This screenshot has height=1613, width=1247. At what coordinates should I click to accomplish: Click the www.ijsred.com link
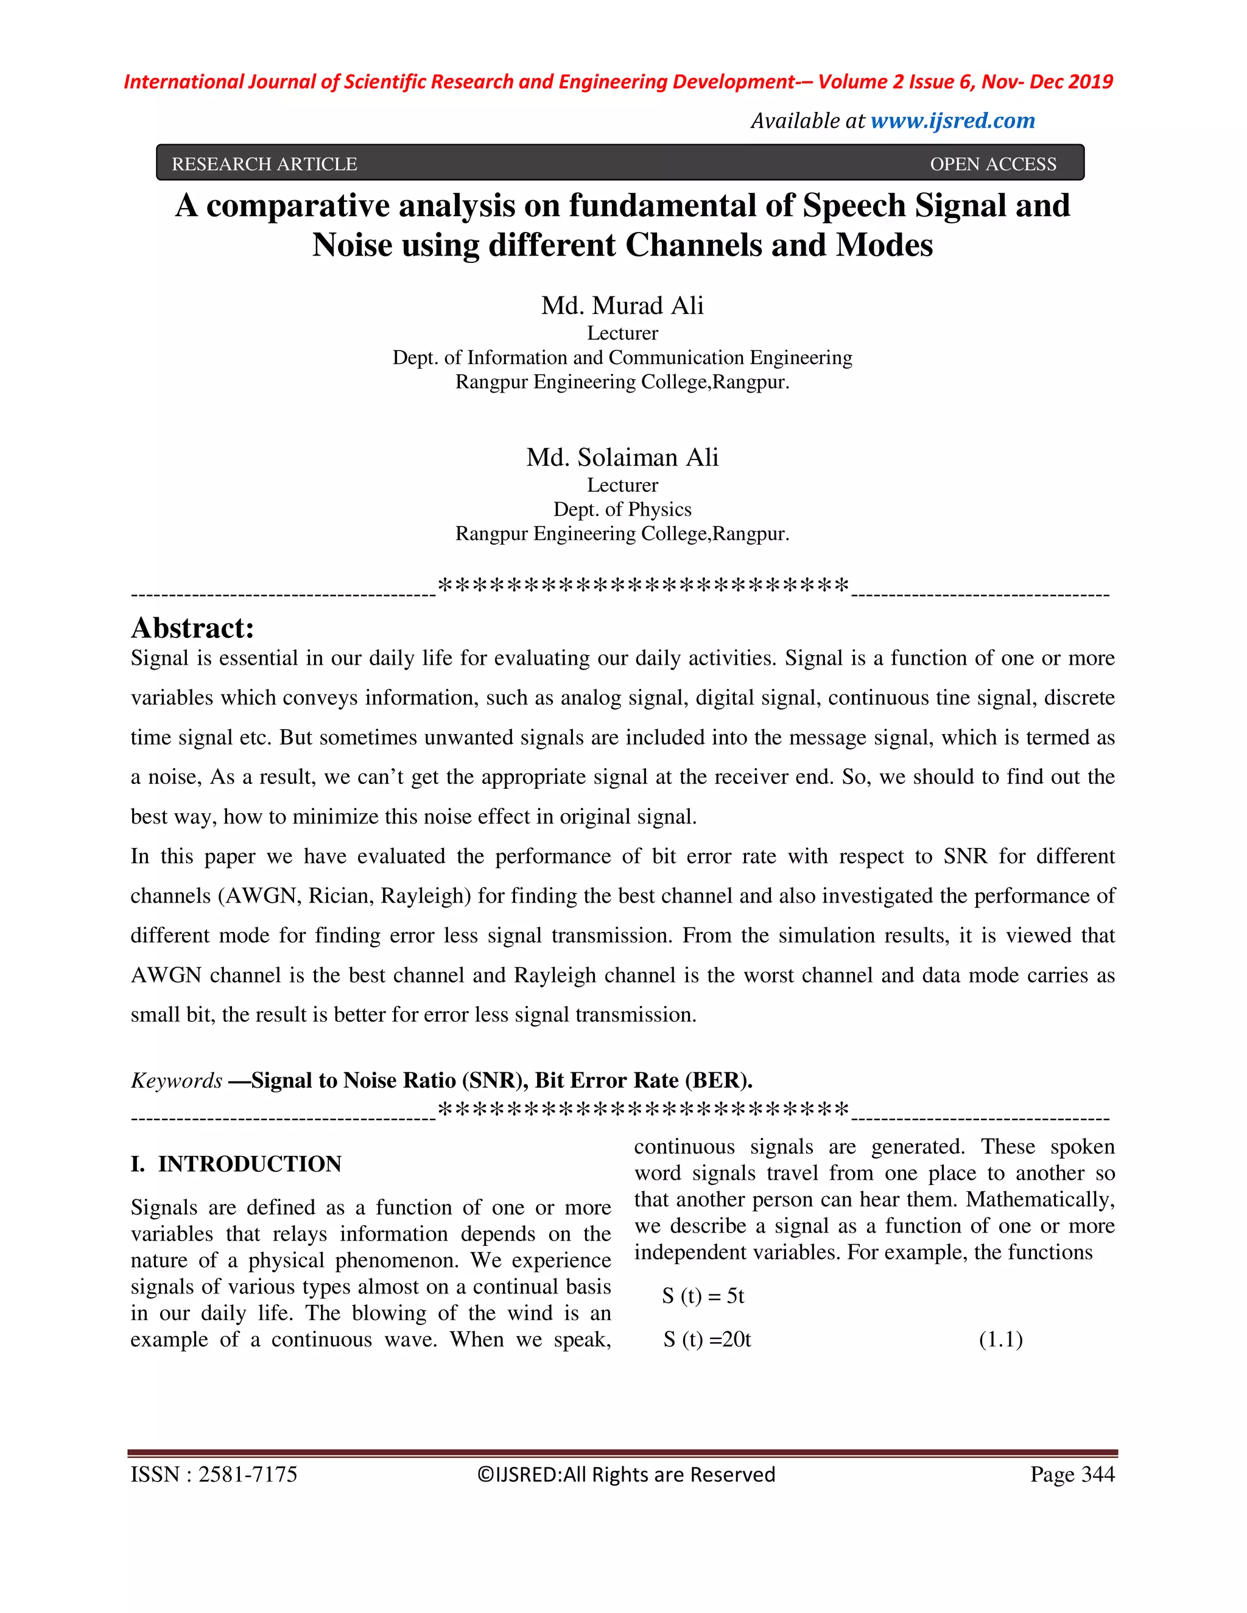952,121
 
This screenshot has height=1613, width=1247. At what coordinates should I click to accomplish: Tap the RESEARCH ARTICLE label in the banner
264,164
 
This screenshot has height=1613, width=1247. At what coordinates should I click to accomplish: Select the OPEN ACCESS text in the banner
993,164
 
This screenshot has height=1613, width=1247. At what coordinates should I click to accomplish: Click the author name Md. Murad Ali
622,305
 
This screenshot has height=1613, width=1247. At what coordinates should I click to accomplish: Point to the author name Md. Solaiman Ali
622,457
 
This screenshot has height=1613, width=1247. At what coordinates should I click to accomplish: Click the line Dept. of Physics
622,509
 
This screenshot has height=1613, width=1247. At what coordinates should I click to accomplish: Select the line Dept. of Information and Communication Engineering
622,357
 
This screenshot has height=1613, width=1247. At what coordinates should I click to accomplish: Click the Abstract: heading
193,629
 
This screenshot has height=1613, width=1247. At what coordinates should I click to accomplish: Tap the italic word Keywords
177,1080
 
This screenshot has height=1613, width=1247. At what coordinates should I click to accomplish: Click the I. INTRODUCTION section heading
236,1164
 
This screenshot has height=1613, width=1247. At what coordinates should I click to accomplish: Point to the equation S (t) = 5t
703,1296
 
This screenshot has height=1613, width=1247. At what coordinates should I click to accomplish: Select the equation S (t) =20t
707,1340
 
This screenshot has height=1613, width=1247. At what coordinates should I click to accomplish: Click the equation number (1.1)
1000,1340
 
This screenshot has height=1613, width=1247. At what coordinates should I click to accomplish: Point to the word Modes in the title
884,245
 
